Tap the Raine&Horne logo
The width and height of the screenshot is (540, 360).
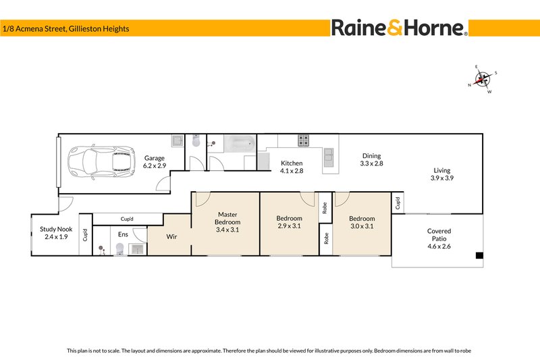point(399,28)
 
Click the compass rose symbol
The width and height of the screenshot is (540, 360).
point(482,79)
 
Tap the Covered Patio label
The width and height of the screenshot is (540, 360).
point(439,235)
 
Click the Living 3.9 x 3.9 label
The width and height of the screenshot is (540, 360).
point(442,174)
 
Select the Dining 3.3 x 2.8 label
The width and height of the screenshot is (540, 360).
point(371,159)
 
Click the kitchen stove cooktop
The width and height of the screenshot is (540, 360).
point(304,140)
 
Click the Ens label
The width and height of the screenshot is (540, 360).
point(123,234)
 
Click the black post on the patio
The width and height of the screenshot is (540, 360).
point(479,256)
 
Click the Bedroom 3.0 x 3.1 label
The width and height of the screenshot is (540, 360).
point(362,222)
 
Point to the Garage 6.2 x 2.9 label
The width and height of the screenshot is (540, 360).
point(155,161)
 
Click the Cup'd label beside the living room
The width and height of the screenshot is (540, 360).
point(398,202)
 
